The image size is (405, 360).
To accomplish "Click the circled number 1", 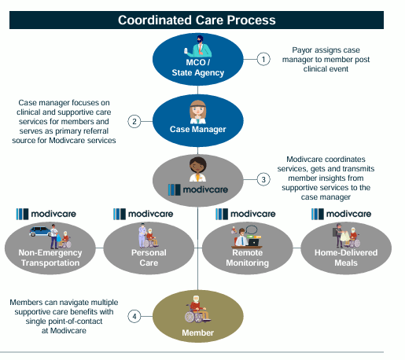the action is point(263,59).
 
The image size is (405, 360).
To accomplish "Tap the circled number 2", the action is point(134,122).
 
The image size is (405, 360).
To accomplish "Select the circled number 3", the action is point(263,180).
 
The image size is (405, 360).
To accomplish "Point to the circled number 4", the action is point(134,316).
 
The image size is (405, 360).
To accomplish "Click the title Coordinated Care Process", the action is point(197,20).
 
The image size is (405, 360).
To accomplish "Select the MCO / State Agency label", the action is point(198,68).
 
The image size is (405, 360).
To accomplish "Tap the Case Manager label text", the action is point(198,129).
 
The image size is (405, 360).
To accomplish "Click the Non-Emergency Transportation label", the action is point(50,258).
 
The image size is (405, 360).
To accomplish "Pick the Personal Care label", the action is point(149,258).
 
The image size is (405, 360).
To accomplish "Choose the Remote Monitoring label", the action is point(248,258).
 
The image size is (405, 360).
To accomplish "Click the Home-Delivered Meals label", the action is point(346,258).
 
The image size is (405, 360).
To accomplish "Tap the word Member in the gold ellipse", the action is point(198,332).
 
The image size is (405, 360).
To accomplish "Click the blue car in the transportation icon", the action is point(40,232).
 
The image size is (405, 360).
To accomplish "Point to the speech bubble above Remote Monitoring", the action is point(252,230).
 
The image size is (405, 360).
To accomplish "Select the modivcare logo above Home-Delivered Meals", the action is point(341,214).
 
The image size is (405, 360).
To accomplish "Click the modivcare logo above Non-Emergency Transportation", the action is point(46,214).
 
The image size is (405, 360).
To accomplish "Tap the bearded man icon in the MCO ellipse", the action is point(198,46).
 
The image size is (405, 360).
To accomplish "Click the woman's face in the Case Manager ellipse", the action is point(198,111).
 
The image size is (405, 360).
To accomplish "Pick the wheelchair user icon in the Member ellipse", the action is point(197,309).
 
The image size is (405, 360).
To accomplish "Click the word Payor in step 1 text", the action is point(300,50).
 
